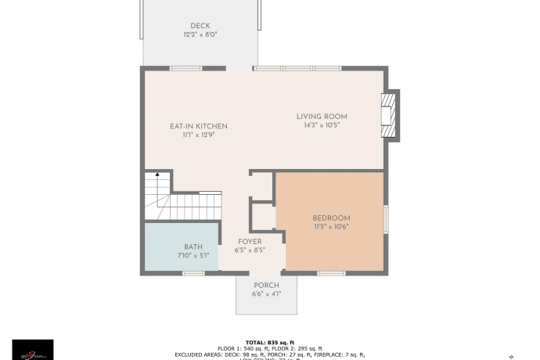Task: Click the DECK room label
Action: [200, 26]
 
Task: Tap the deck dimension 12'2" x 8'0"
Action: [200, 34]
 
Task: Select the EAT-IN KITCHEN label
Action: [199, 126]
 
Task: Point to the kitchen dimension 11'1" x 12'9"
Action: [199, 135]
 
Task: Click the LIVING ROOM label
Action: [322, 117]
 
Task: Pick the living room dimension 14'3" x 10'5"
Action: [322, 125]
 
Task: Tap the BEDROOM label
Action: [331, 218]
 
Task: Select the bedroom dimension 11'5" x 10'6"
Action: [331, 226]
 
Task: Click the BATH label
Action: [193, 247]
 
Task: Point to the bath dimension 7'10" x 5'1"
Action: [193, 255]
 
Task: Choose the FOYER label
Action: [250, 242]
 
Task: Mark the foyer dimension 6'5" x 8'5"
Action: [250, 250]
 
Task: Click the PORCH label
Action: [266, 286]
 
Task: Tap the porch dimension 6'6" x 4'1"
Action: [266, 294]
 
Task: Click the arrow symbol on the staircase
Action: [157, 175]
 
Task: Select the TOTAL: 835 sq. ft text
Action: [269, 343]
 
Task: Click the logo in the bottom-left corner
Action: [33, 349]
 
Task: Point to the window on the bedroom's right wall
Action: [385, 218]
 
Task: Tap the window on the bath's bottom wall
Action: [193, 273]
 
